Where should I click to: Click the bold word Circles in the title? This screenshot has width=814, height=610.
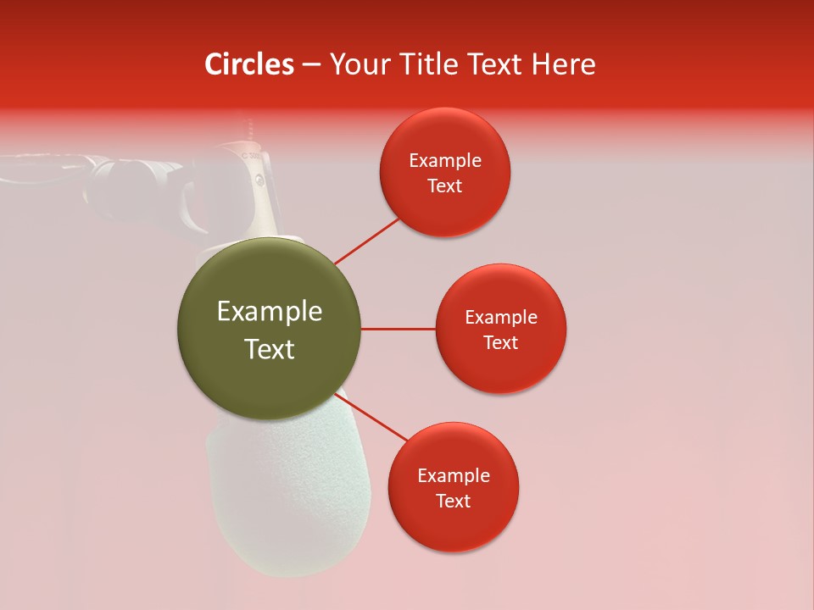pyautogui.click(x=248, y=64)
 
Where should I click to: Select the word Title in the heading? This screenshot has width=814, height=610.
pyautogui.click(x=435, y=64)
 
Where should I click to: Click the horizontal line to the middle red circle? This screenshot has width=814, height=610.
pyautogui.click(x=398, y=329)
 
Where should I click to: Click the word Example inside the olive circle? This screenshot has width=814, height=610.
pyautogui.click(x=269, y=312)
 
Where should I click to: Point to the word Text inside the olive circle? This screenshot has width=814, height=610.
pyautogui.click(x=269, y=349)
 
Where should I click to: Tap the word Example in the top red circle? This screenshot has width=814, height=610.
pyautogui.click(x=444, y=161)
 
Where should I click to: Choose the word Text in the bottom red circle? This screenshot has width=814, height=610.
pyautogui.click(x=453, y=501)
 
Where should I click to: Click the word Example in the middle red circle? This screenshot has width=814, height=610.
pyautogui.click(x=500, y=318)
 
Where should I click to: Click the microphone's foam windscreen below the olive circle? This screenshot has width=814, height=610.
pyautogui.click(x=288, y=500)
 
